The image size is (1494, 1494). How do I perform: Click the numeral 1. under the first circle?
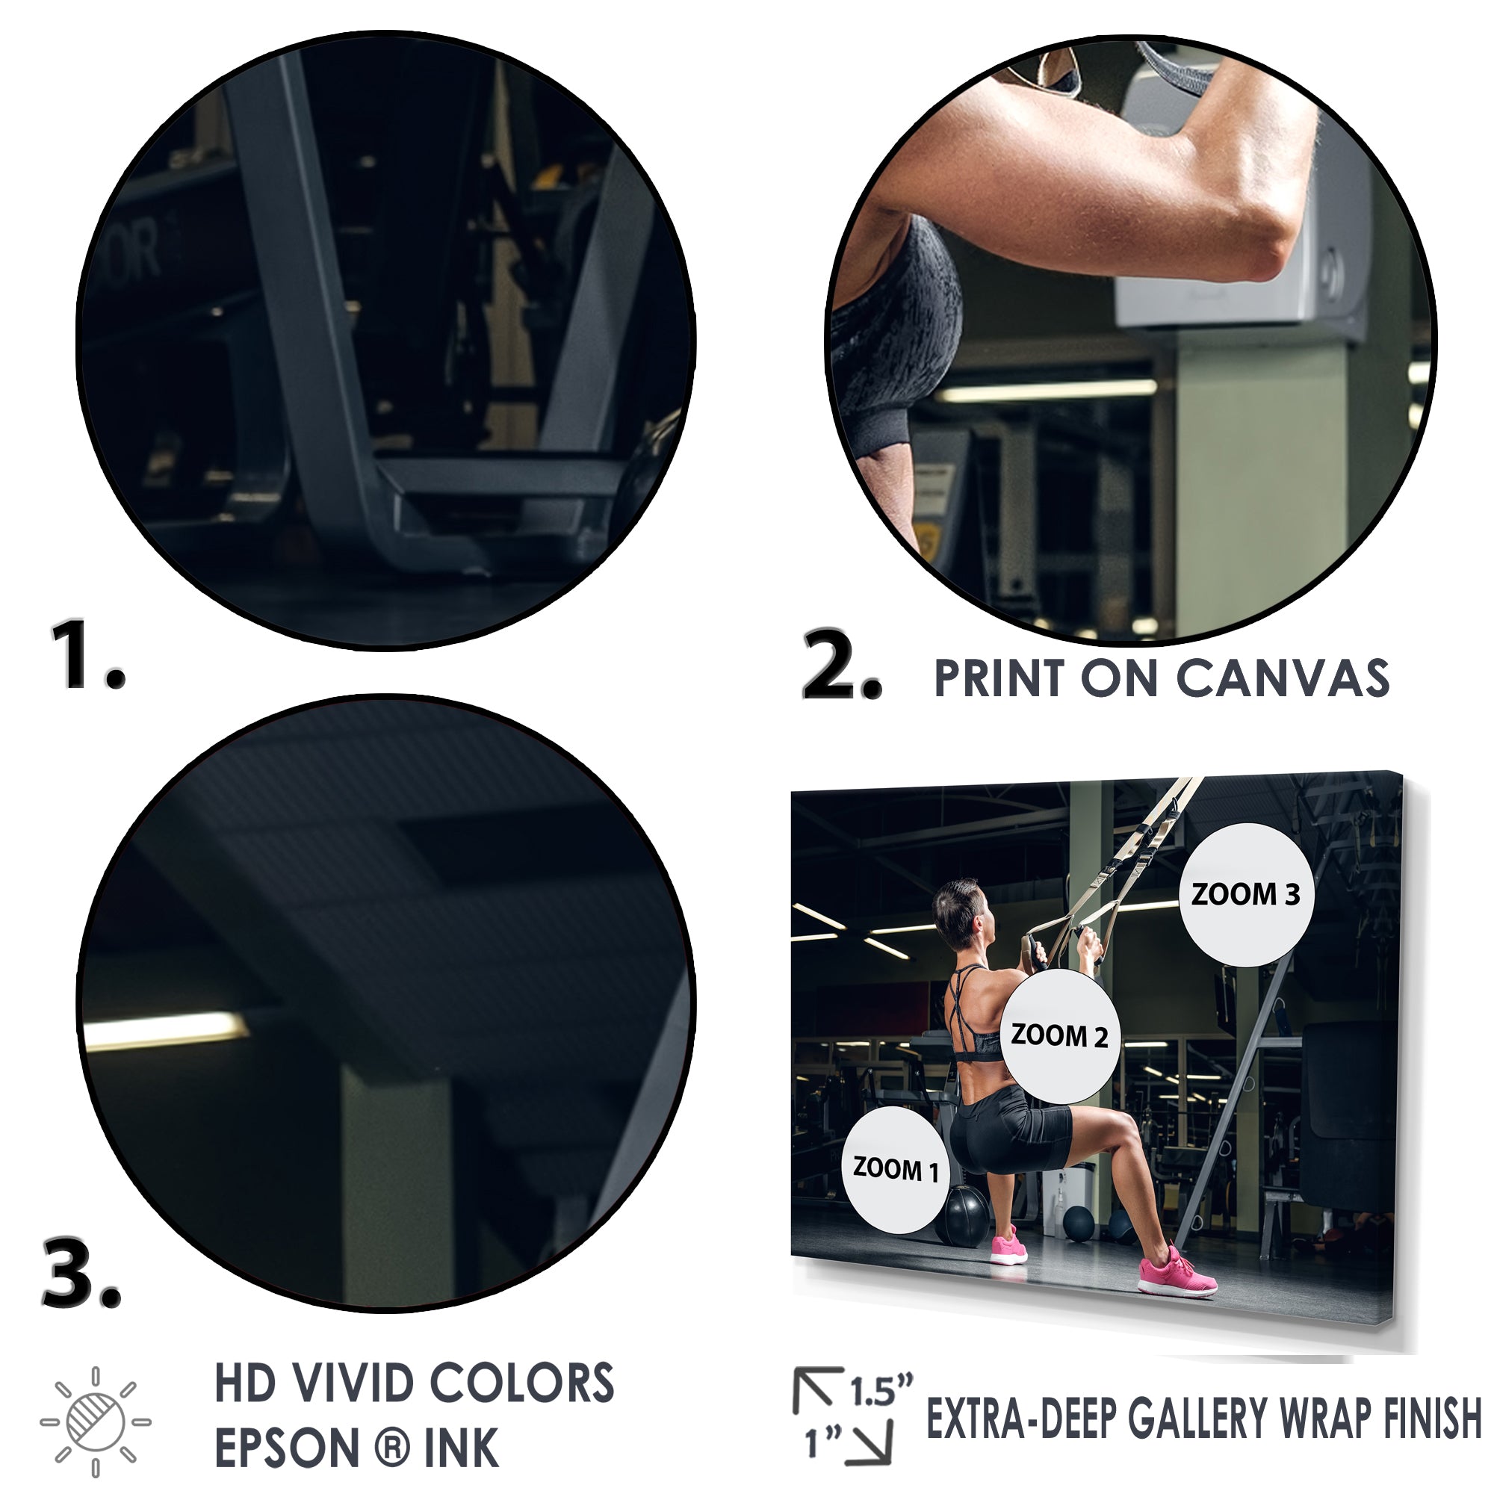click(87, 654)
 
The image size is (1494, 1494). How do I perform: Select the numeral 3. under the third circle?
click(81, 1272)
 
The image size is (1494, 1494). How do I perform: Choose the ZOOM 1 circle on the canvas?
click(896, 1169)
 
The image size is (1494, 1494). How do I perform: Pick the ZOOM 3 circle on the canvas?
click(1246, 895)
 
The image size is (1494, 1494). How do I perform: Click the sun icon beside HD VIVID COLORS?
click(96, 1422)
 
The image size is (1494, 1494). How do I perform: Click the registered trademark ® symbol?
click(394, 1448)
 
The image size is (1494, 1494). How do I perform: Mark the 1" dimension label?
click(822, 1442)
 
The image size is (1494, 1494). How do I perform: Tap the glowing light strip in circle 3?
click(166, 1030)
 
